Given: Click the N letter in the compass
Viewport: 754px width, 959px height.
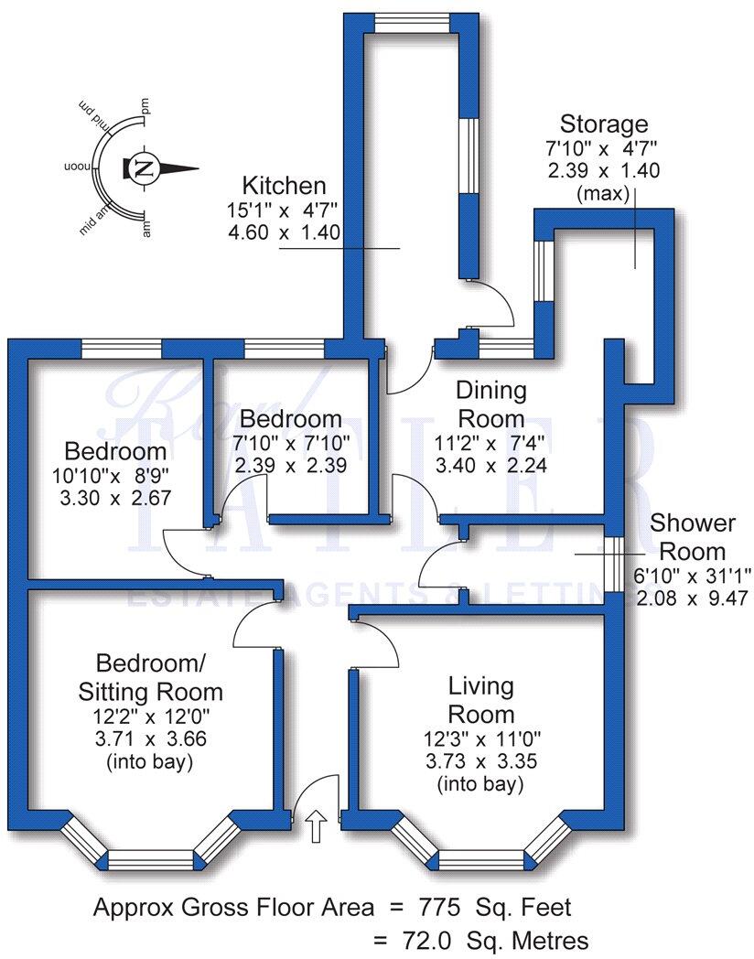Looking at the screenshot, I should pos(144,167).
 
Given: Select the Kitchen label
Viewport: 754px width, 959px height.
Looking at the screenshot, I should pos(284,186).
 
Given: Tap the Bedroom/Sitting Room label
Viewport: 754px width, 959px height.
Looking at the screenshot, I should pos(160,676).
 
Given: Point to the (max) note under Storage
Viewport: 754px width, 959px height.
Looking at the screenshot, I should pos(604,194).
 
